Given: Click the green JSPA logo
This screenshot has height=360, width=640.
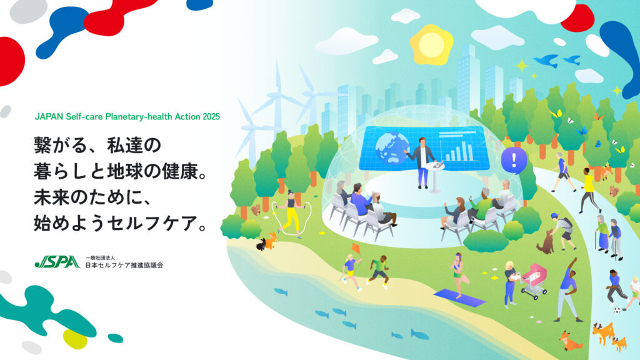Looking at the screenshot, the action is click(x=57, y=262).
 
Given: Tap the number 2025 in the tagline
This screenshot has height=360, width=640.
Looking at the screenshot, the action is click(x=211, y=117).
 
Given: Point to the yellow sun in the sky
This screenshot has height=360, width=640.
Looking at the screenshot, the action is click(x=431, y=44).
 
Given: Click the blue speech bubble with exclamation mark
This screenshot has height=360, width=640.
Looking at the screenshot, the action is click(x=514, y=160).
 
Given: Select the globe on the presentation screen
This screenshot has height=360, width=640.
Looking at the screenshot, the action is click(x=392, y=147).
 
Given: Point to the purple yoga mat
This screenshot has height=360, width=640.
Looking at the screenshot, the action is click(x=459, y=297).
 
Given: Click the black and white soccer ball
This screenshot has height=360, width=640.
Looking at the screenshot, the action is click(x=617, y=310).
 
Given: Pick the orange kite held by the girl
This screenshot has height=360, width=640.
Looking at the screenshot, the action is click(x=356, y=248).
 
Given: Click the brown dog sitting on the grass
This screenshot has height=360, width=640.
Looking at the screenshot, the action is click(x=545, y=242).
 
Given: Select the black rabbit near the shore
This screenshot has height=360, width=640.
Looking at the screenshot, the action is click(x=261, y=244).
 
